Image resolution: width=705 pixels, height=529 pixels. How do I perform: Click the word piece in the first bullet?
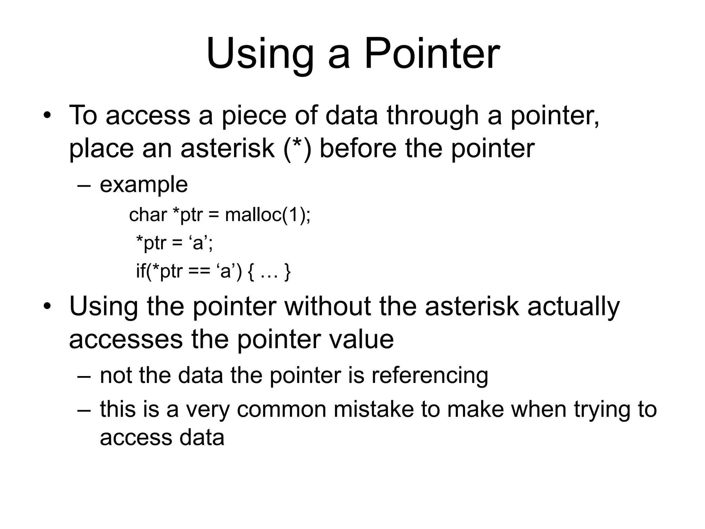point(253,115)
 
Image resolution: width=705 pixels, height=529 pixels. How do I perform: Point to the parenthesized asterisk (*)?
point(298,149)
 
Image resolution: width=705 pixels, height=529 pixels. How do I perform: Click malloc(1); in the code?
point(267,215)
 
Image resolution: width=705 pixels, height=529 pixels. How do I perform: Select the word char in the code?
point(148,215)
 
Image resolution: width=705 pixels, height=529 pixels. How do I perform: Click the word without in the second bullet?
point(328,306)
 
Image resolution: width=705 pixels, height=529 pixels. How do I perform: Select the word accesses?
point(126,340)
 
